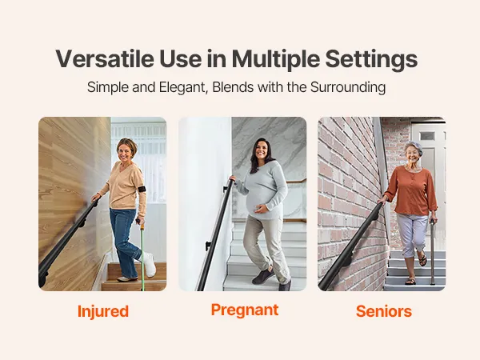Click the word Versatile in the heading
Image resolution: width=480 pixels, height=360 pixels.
click(x=105, y=58)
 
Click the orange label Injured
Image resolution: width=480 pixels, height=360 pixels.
click(x=103, y=312)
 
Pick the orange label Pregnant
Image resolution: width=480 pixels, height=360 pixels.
click(x=245, y=310)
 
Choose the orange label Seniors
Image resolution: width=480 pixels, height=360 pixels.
click(x=384, y=311)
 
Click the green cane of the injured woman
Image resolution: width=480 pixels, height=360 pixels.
click(x=142, y=254)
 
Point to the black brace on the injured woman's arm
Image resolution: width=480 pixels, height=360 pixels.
click(x=142, y=189)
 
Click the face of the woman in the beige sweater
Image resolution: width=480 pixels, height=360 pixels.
click(x=125, y=151)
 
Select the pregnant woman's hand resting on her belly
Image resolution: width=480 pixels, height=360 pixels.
click(x=261, y=210)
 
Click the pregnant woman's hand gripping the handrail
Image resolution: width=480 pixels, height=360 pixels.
click(x=232, y=178)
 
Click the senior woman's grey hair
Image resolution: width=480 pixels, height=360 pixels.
click(x=414, y=146)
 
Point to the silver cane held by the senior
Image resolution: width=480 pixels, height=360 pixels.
click(x=432, y=252)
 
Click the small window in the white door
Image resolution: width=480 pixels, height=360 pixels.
click(x=427, y=136)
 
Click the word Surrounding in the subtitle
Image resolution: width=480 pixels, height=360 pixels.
click(x=348, y=87)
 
